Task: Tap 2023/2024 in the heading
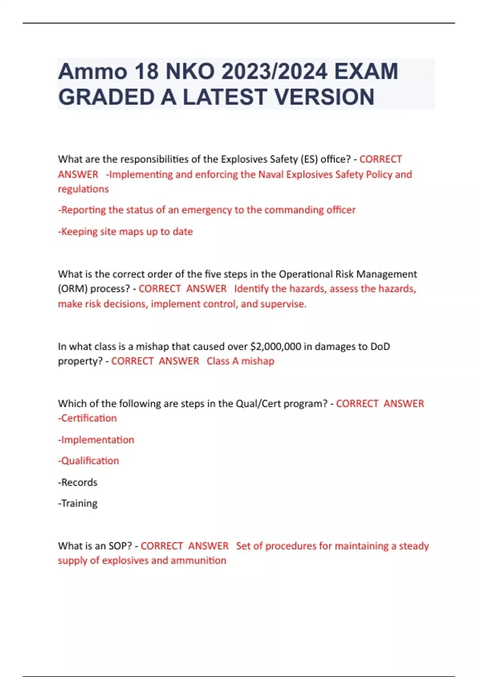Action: point(274,72)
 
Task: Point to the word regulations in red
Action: point(83,189)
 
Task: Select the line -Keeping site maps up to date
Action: point(125,231)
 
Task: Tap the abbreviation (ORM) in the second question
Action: point(72,289)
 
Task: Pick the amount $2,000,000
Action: point(276,346)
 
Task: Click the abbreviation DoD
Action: point(380,346)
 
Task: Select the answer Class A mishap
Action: point(240,361)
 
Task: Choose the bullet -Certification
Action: point(88,418)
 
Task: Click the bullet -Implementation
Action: point(96,440)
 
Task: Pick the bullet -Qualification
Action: point(88,461)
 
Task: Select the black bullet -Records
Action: point(78,482)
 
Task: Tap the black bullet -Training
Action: point(78,503)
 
